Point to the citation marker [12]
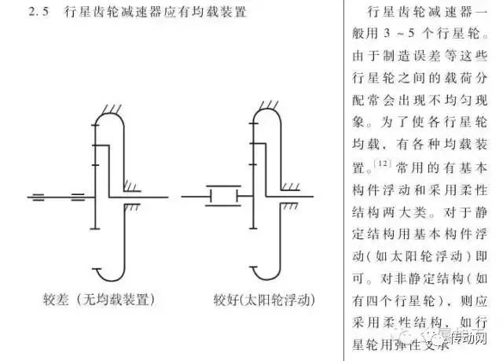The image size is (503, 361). (382, 163)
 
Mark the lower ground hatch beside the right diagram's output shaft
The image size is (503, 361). (290, 206)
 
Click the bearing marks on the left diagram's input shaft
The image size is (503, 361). (76, 195)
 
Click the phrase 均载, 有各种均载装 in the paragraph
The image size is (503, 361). (428, 143)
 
